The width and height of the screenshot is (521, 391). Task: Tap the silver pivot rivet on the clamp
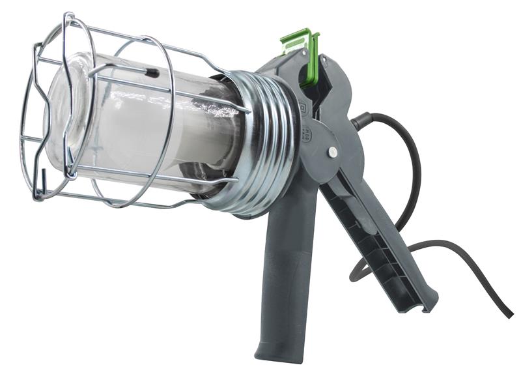pyautogui.click(x=333, y=151)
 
